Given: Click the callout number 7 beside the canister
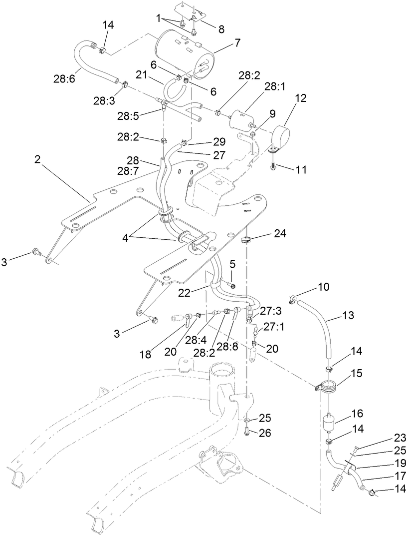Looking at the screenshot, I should (237, 43).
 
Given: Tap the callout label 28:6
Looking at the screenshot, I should (64, 78).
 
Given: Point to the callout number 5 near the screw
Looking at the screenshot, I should (232, 263).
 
